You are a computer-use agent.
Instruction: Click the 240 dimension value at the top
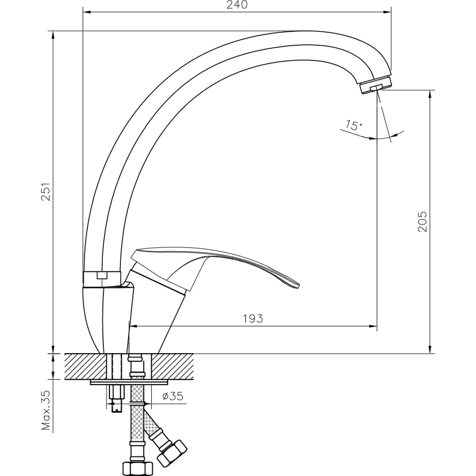click(237, 5)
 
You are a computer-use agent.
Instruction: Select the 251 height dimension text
click(46, 191)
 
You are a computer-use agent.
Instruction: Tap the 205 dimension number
click(422, 222)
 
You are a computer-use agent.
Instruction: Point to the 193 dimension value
click(253, 318)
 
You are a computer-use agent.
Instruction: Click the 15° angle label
click(354, 125)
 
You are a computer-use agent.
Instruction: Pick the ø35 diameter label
click(173, 396)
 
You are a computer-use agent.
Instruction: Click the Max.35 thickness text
click(46, 410)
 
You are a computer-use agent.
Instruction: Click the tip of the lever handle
click(299, 285)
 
